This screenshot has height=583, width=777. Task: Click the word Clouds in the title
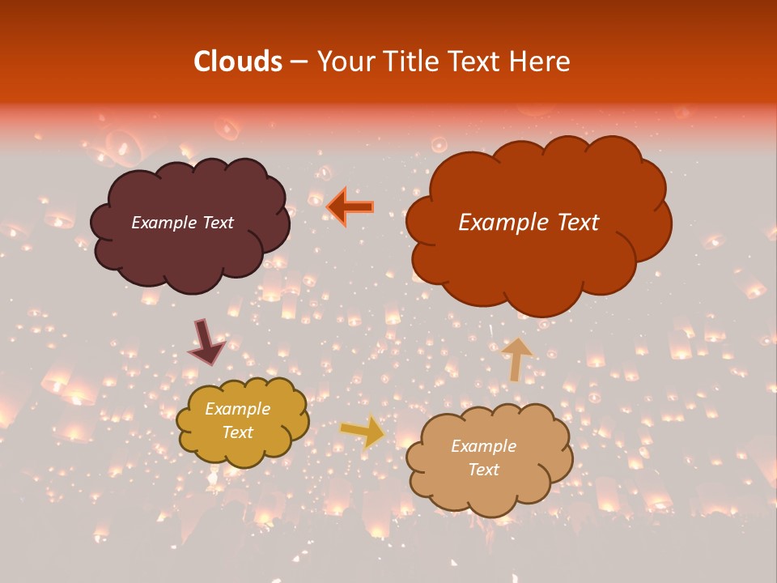click(x=237, y=62)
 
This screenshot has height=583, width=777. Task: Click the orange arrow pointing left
click(x=350, y=206)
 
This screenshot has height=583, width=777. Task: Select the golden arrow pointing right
click(x=363, y=431)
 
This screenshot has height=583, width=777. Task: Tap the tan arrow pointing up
click(x=516, y=359)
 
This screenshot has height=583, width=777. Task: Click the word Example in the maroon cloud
click(x=162, y=223)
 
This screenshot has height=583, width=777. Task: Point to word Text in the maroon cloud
click(x=217, y=223)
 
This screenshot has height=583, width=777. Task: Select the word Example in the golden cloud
click(x=237, y=409)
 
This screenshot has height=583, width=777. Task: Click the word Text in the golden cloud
click(x=237, y=432)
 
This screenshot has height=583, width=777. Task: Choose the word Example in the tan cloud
click(x=483, y=446)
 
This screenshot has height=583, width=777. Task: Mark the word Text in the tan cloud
click(x=483, y=470)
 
